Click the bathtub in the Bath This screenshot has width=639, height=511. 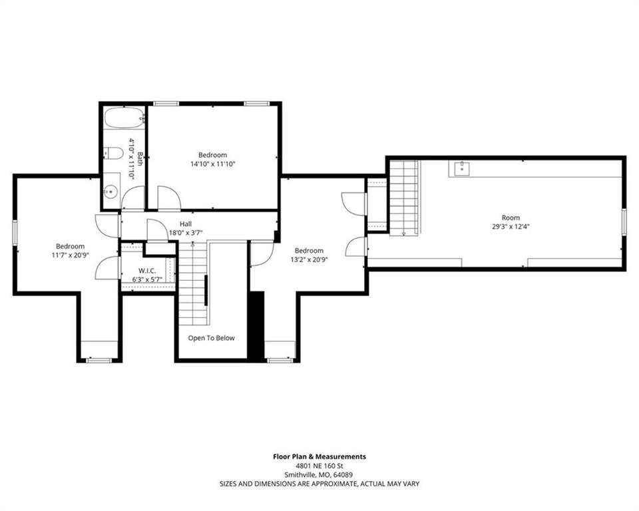tap(124, 118)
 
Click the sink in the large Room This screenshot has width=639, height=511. tap(462, 168)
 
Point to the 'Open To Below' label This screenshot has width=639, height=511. tap(212, 338)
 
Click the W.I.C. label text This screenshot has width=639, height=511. tap(147, 271)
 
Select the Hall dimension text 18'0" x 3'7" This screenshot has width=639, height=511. tap(186, 233)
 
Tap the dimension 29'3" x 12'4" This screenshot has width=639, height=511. tap(511, 226)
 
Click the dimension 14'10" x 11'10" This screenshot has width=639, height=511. tap(213, 164)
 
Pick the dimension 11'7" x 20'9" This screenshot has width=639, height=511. tap(71, 255)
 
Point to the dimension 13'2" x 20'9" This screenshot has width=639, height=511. tap(310, 259)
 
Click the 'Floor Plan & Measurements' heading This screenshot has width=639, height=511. tap(319, 456)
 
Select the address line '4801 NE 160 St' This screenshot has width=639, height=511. tap(319, 466)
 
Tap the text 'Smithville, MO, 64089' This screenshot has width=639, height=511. tap(319, 474)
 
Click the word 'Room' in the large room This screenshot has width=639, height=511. tap(511, 218)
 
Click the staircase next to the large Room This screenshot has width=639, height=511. tap(404, 198)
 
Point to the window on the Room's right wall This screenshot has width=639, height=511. tap(624, 222)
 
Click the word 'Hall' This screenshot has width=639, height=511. tap(186, 224)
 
